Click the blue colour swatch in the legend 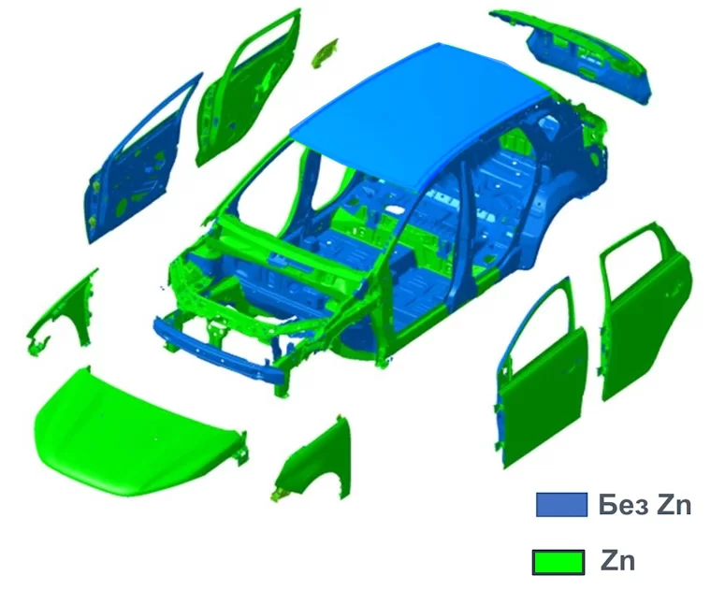(x=561, y=505)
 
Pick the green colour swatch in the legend (x=558, y=562)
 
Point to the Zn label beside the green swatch (x=617, y=562)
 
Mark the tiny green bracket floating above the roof (x=325, y=53)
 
